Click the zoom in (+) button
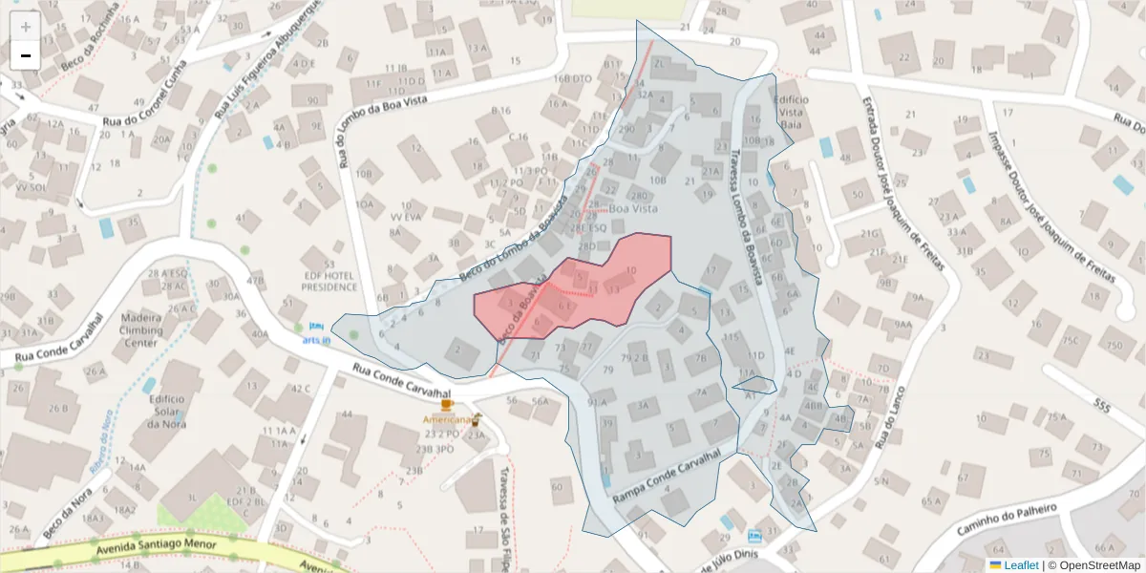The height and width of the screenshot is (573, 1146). pyautogui.click(x=26, y=27)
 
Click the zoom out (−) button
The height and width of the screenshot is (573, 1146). pyautogui.click(x=26, y=55)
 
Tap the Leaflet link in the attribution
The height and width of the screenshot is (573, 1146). pyautogui.click(x=1020, y=565)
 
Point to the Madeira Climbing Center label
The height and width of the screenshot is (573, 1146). pyautogui.click(x=142, y=329)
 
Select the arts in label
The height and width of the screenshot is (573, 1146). pyautogui.click(x=316, y=340)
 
